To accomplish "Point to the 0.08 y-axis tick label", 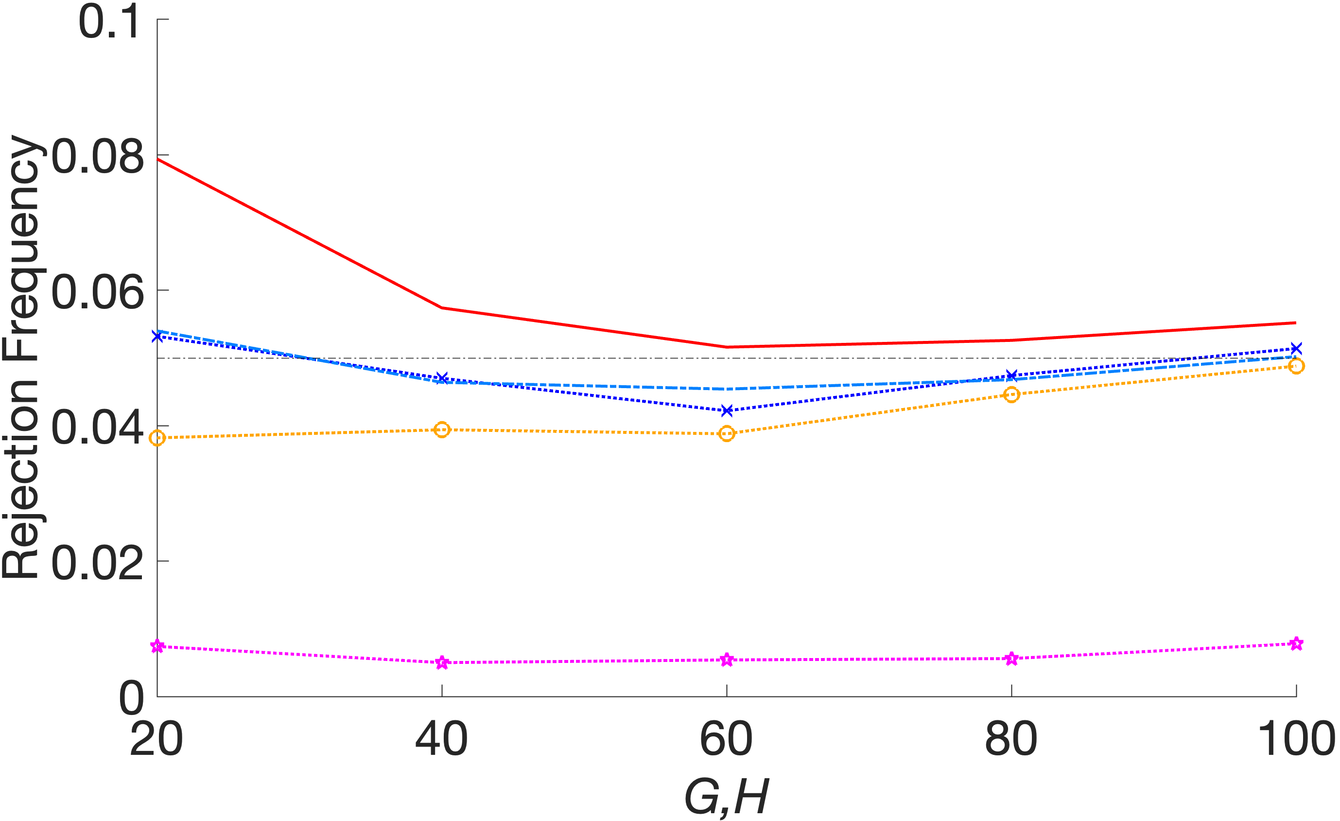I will pos(98,158).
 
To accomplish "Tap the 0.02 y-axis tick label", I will pos(98,564).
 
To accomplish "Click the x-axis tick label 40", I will pos(442,739).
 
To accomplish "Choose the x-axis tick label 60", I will pos(726,739).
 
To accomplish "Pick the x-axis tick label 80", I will pos(1011,739).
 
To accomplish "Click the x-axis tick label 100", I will pos(1296,739).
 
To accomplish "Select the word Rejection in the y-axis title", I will pos(21,479).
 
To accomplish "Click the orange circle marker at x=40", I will pos(442,430).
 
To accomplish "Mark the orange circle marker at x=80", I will pos(1011,394).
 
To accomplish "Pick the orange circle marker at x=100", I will pos(1296,366).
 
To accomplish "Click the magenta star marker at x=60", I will pos(727,660).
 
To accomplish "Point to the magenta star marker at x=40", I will pos(442,662).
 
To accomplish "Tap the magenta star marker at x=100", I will pos(1296,644).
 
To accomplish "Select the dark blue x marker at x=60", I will pos(727,410).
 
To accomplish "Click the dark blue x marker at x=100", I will pos(1296,348).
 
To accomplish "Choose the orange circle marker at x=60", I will pos(727,434).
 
